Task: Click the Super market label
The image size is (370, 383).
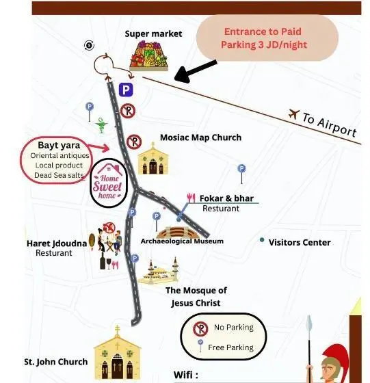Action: (153, 34)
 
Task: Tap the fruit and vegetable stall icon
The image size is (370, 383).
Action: (148, 56)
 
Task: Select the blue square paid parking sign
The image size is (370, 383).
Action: (126, 90)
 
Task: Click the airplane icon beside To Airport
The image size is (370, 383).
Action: (294, 114)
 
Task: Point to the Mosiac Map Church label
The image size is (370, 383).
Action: (201, 137)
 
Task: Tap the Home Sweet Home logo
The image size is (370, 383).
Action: (109, 183)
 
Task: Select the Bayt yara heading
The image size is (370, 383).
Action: (59, 145)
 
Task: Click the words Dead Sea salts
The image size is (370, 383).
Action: (59, 175)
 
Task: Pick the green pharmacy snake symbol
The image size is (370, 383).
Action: (101, 125)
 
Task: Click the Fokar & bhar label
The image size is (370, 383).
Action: (226, 198)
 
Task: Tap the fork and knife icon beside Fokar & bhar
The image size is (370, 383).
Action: (191, 198)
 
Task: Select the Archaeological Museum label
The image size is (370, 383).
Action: (182, 241)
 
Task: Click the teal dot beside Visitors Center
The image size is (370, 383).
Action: (262, 240)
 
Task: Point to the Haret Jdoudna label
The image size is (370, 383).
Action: (57, 243)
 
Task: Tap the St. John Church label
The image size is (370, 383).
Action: (56, 362)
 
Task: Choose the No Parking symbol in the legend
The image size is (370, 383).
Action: (200, 329)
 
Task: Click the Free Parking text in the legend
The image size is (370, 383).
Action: (230, 347)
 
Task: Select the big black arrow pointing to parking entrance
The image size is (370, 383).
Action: (196, 71)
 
